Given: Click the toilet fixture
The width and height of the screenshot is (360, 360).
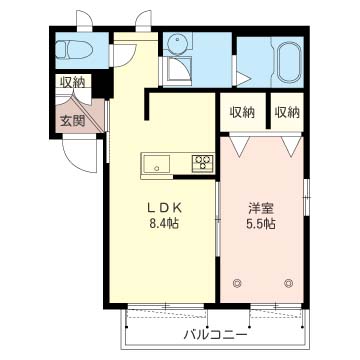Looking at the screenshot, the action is (72, 50).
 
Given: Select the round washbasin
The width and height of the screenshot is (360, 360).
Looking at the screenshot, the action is (178, 44).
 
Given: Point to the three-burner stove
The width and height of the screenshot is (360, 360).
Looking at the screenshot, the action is (203, 163).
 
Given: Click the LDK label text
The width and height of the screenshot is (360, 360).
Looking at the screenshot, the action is (164, 208).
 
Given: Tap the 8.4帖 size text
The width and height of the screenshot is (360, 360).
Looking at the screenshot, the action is (164, 223).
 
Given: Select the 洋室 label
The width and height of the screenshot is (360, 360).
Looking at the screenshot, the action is (261, 209).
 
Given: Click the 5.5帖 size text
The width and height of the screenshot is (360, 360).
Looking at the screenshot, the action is (261, 224).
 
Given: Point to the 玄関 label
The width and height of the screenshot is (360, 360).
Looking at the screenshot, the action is (72, 122).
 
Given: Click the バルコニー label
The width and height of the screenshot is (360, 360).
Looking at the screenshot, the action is (216, 334).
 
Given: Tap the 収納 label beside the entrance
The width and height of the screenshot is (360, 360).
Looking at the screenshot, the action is (72, 82).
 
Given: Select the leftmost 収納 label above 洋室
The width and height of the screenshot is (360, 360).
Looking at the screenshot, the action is (242, 113).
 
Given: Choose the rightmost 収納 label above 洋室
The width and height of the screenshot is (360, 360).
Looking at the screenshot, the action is (287, 113).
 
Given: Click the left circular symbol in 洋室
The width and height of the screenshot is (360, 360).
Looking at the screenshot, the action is (237, 283).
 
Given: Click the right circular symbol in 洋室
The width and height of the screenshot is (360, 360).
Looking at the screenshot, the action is (288, 283).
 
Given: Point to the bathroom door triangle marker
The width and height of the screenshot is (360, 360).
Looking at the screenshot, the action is (243, 79).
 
